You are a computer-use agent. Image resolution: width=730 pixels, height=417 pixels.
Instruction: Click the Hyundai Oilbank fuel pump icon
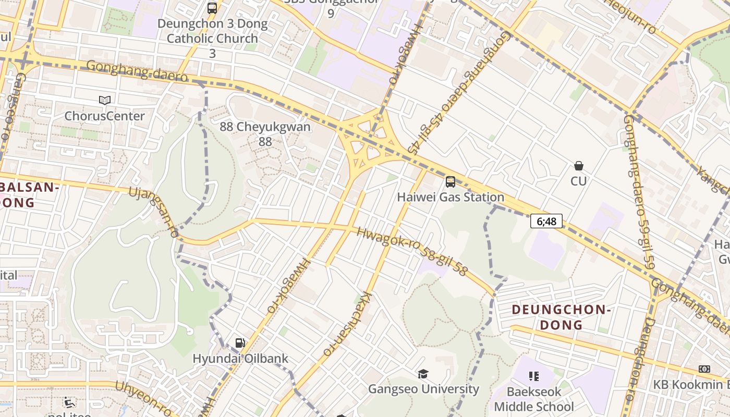coord(240,343)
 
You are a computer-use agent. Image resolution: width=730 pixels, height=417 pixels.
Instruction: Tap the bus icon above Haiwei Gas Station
coord(451,182)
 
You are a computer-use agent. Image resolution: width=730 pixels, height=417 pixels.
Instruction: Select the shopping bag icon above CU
coord(578,166)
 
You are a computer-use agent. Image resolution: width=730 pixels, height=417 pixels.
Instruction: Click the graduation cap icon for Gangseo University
coord(423,374)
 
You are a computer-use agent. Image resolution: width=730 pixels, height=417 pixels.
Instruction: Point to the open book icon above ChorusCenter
coord(105,100)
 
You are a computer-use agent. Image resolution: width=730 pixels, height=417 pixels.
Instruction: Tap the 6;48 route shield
coord(546,222)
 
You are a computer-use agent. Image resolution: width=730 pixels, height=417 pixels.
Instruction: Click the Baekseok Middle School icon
coord(533,376)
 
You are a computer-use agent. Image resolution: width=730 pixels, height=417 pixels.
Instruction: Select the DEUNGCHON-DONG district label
coord(561,317)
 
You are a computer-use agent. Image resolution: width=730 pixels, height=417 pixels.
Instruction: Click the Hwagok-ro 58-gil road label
coord(412,251)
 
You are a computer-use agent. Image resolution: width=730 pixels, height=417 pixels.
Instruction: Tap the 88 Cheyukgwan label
coord(265,133)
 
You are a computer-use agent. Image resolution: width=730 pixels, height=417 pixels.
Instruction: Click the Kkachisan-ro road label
coord(346,323)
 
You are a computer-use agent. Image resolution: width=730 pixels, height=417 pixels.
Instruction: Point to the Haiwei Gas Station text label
coord(451,197)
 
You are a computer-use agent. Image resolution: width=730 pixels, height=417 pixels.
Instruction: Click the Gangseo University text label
coord(423,389)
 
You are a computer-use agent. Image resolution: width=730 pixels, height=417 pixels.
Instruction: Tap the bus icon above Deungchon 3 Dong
coord(212,8)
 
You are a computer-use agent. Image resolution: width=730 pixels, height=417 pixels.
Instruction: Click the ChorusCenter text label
coord(104,116)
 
